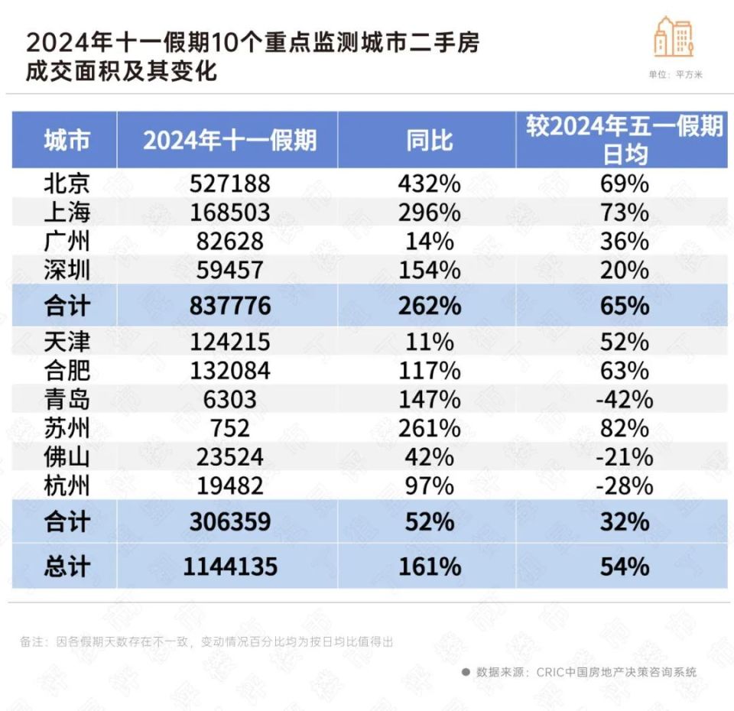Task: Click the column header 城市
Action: (67, 140)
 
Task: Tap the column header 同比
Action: (429, 140)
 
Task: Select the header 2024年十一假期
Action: (229, 140)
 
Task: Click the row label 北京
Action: (67, 183)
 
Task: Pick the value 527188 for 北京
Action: (229, 183)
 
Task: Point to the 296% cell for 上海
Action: (429, 213)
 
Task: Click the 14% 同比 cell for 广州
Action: (429, 242)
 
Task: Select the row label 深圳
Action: (67, 270)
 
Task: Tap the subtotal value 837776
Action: (229, 306)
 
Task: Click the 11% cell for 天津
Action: (429, 342)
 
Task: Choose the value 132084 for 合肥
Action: (229, 371)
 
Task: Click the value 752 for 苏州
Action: (229, 428)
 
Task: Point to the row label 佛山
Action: (67, 457)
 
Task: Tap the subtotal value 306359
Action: (229, 522)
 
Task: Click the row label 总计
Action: (67, 567)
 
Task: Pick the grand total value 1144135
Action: (229, 567)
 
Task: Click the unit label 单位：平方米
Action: (675, 75)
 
